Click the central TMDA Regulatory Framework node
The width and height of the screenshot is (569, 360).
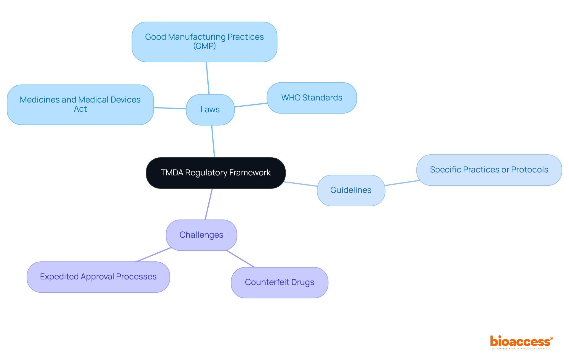[x=215, y=173]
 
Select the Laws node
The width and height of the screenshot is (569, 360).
[x=210, y=110]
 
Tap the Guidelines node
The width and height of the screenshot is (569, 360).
[x=351, y=190]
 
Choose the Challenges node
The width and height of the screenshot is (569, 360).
[x=201, y=235]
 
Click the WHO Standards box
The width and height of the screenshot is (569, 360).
[x=311, y=98]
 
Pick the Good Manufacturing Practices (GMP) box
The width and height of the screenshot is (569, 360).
[x=204, y=41]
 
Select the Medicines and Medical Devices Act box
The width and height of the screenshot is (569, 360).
[x=80, y=104]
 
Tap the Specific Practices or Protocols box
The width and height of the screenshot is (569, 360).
[x=489, y=170]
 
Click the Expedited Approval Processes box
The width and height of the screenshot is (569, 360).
[x=98, y=277]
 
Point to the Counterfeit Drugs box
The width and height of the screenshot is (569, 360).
[x=279, y=282]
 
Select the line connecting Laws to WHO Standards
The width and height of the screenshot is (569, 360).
[x=251, y=105]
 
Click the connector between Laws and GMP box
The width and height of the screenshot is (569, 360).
[x=208, y=78]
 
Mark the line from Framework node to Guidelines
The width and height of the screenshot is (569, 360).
[x=301, y=184]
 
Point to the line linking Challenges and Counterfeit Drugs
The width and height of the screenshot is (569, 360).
[x=240, y=259]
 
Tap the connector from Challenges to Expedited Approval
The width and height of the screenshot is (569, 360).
[x=154, y=255]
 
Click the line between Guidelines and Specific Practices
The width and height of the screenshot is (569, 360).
[x=402, y=183]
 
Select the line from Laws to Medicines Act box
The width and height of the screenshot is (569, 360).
[x=170, y=108]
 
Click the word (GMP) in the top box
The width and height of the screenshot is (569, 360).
[x=204, y=46]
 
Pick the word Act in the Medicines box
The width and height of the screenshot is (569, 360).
[x=80, y=109]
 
